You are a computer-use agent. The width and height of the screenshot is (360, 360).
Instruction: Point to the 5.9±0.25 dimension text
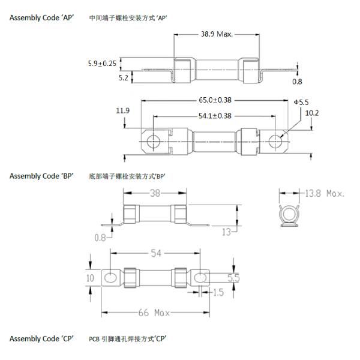click(x=103, y=62)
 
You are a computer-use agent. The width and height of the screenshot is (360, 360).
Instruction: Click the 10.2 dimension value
click(x=312, y=113)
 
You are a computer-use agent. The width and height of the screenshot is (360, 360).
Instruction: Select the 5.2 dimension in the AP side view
click(x=122, y=77)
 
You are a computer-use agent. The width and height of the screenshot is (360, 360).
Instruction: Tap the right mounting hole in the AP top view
click(x=275, y=141)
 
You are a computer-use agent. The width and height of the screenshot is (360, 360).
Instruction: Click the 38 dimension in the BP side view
click(x=155, y=193)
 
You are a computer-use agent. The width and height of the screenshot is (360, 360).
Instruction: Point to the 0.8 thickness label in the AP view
click(x=298, y=81)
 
